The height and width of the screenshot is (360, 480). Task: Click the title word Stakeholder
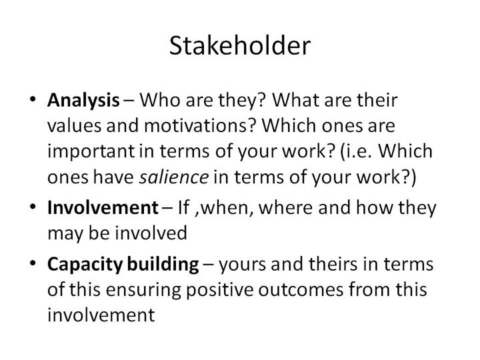[240, 45]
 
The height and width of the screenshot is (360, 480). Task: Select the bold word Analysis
[83, 101]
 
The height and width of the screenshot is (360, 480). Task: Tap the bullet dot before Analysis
[33, 99]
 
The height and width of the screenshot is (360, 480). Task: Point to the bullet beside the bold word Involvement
[33, 206]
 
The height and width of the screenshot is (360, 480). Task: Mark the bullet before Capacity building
[33, 263]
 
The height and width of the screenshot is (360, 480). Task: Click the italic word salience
[174, 177]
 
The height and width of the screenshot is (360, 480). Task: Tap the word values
[75, 125]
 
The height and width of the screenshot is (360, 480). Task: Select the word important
[91, 151]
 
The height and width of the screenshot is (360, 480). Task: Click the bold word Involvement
[103, 207]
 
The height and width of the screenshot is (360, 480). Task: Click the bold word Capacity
[85, 264]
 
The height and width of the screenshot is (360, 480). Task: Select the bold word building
[163, 264]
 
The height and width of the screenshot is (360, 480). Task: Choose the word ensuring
[143, 290]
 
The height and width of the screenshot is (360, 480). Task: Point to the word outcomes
[301, 290]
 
